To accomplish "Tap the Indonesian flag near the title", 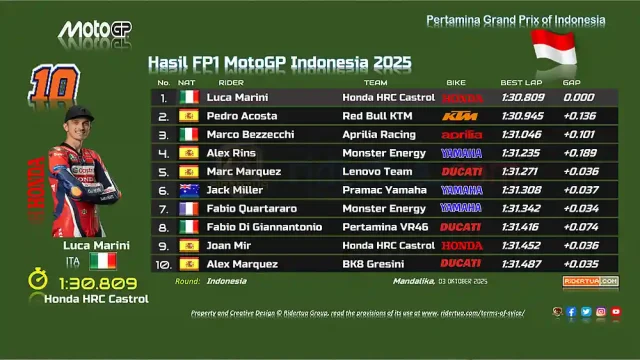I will pos(553,45).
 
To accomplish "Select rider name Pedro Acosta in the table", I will pos(242,116).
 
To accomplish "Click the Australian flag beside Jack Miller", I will pos(188,190).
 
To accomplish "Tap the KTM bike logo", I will pos(460,116).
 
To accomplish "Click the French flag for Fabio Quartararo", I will pos(188,208).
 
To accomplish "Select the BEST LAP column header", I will pos(520,82).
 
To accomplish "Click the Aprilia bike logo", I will pos(461,134).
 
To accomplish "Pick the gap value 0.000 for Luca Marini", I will pos(577,97).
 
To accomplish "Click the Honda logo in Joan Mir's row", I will pos(461,246).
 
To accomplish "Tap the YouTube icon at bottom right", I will pos(616,312).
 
